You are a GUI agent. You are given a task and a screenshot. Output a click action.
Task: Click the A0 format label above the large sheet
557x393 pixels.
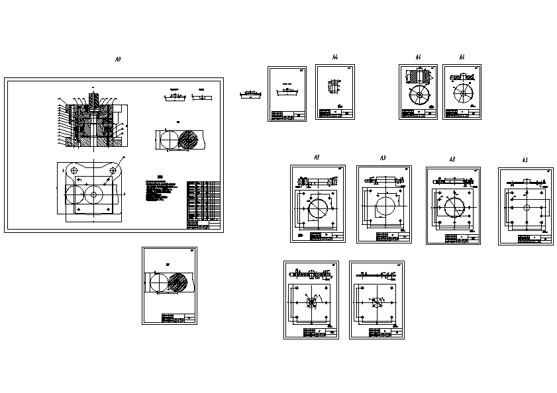(x=118, y=60)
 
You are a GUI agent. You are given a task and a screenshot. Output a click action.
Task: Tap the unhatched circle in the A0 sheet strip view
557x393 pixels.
(x=168, y=140)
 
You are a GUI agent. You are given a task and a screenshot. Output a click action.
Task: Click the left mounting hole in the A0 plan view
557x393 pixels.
(x=75, y=170)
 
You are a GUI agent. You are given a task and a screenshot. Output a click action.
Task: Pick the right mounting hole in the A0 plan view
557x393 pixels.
(x=114, y=170)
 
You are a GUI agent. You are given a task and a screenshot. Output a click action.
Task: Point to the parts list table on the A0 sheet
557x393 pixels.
(x=203, y=204)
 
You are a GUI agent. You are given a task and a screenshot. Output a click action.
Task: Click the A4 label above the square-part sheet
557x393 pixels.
(x=336, y=56)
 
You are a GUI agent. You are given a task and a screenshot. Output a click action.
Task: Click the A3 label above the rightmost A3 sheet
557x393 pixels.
(x=525, y=160)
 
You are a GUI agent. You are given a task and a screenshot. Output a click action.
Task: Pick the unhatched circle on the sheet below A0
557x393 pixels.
(x=159, y=283)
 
